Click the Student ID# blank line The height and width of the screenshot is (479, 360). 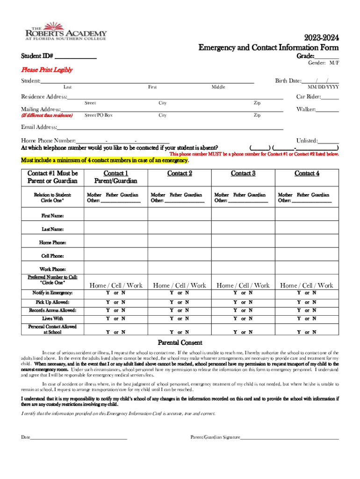click(75, 57)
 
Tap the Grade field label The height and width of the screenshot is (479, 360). click(305, 56)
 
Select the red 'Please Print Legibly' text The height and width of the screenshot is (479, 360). click(47, 70)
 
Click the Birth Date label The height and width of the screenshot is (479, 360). click(288, 81)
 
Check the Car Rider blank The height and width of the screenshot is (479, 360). click(330, 97)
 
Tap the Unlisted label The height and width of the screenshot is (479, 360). click(307, 140)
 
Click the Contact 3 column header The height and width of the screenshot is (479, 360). click(243, 174)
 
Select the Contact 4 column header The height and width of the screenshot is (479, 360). click(307, 174)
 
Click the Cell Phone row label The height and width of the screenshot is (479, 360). click(52, 256)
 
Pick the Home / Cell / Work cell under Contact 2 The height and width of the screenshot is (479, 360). click(180, 285)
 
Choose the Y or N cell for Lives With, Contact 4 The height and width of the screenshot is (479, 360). click(307, 319)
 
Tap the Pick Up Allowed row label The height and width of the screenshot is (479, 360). click(52, 302)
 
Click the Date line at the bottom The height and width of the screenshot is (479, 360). click(79, 437)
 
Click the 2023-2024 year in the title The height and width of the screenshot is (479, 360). click(323, 38)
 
